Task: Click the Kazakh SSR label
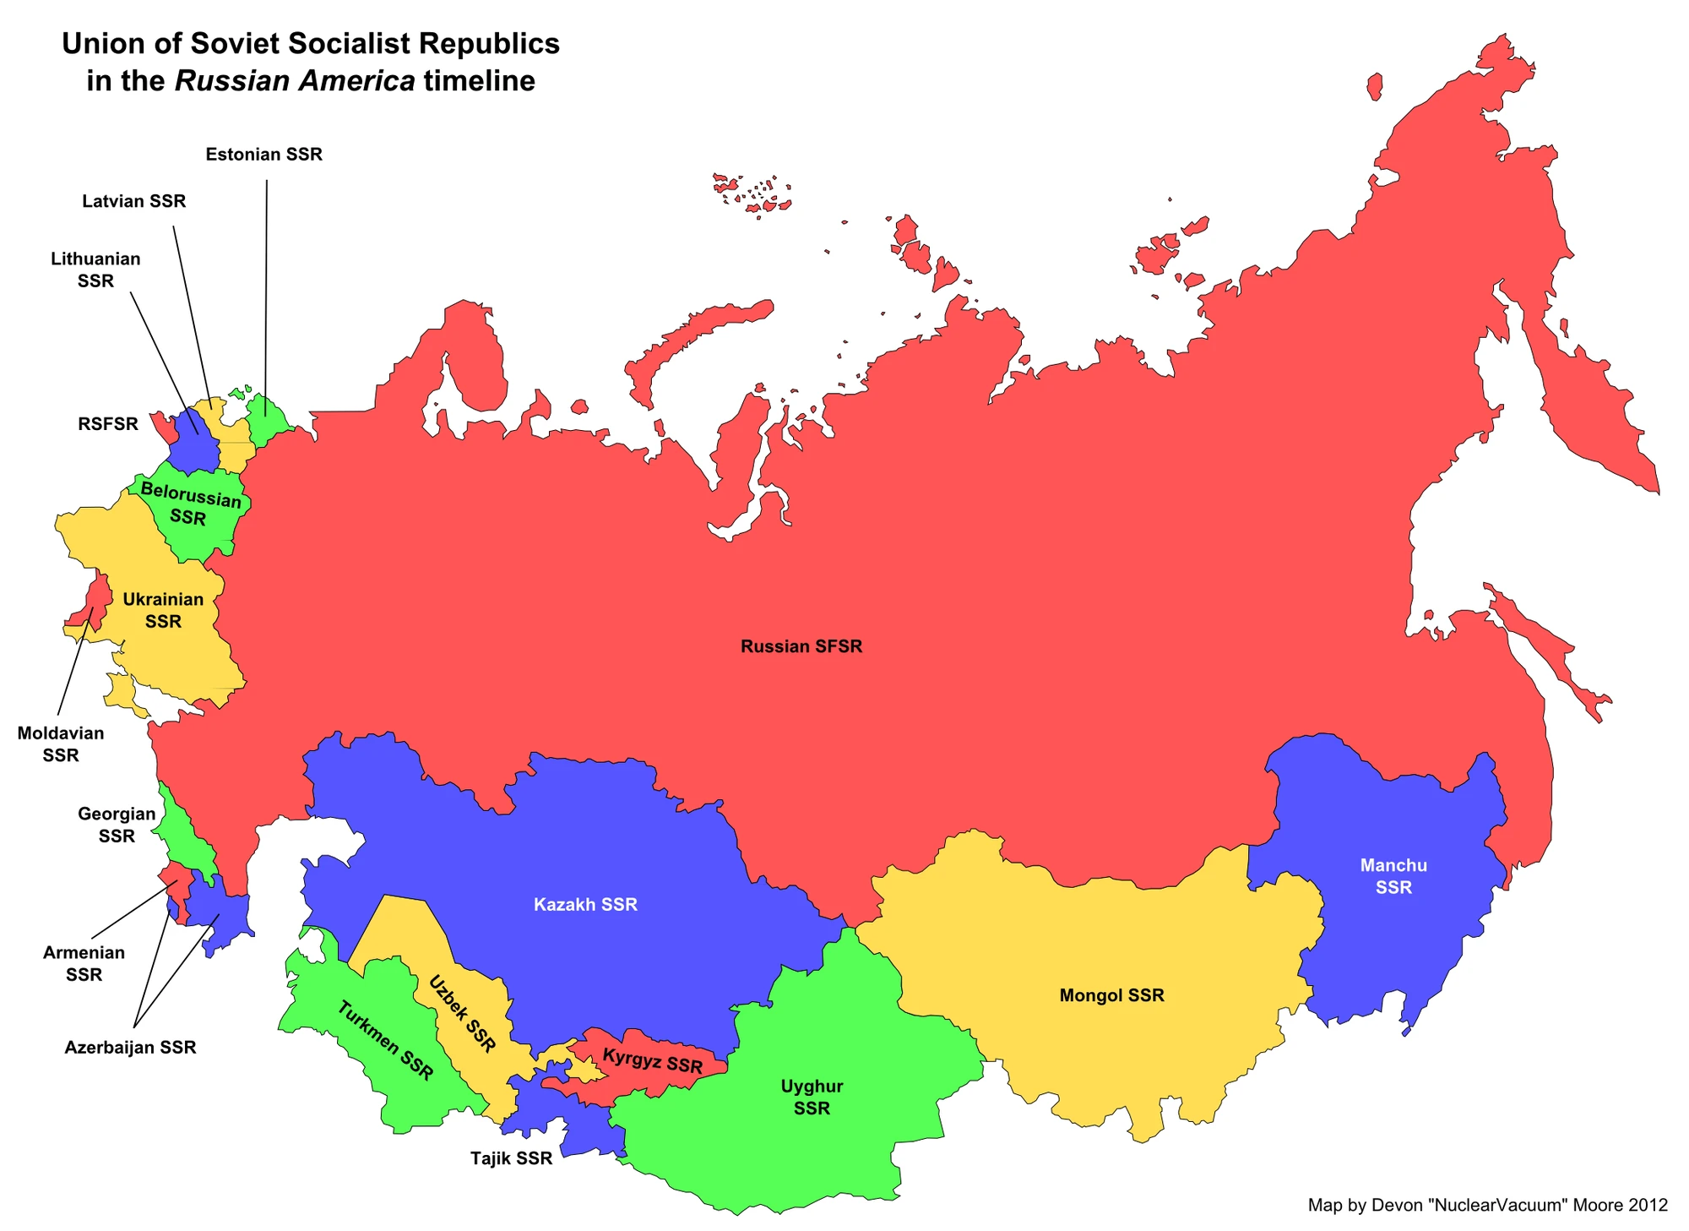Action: [x=585, y=905]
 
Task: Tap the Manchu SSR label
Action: [x=1393, y=876]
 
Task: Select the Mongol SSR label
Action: [x=1111, y=995]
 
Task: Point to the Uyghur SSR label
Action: [x=812, y=1097]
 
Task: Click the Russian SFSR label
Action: [x=801, y=646]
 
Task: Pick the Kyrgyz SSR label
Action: [x=652, y=1061]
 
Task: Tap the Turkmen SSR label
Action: [x=385, y=1041]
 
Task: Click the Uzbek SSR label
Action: [x=462, y=1014]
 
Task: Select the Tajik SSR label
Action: [x=511, y=1158]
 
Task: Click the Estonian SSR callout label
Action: [x=263, y=155]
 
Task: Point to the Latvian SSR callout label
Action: [x=133, y=201]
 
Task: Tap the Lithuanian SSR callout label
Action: [x=95, y=270]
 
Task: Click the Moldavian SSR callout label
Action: [x=61, y=744]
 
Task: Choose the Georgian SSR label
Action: [x=117, y=825]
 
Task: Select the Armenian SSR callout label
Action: [x=84, y=963]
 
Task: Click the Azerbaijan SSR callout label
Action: [x=130, y=1048]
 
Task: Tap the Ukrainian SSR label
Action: [x=163, y=610]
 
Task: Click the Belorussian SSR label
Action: [x=189, y=504]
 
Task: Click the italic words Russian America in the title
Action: [x=295, y=81]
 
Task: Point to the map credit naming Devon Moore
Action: [x=1487, y=1205]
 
